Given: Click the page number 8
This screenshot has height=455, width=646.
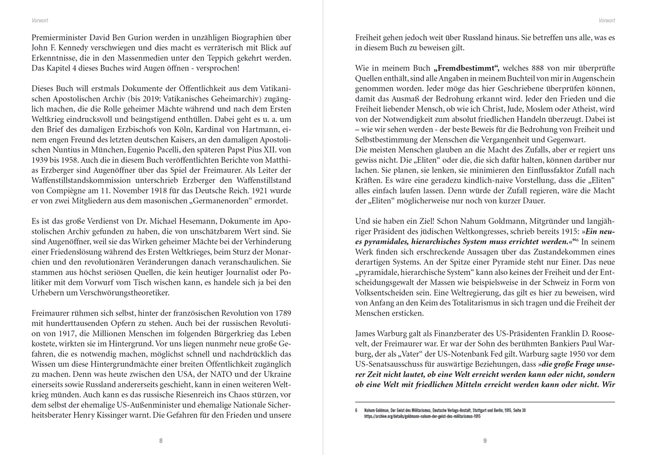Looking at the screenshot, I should [x=161, y=440].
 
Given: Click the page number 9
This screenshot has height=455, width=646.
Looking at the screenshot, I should [x=484, y=440].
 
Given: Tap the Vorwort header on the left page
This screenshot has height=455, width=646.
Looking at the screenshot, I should [x=40, y=21].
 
